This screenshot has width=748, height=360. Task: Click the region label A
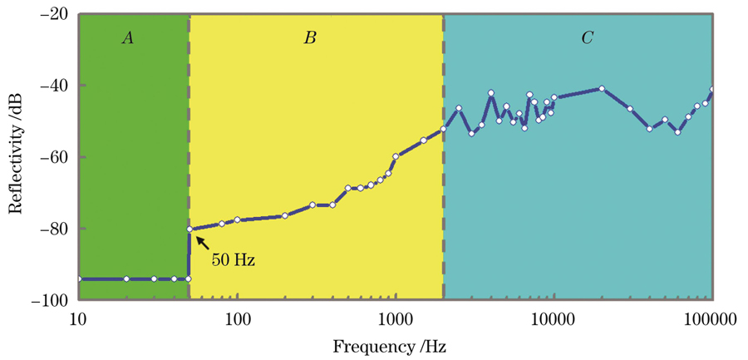pyautogui.click(x=127, y=37)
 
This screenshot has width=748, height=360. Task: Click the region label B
pyautogui.click(x=310, y=37)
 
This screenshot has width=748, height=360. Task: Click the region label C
pyautogui.click(x=587, y=37)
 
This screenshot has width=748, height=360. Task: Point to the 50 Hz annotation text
pyautogui.click(x=233, y=260)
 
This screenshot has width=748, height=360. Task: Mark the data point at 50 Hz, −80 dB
pyautogui.click(x=189, y=229)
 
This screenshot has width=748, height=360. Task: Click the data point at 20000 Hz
pyautogui.click(x=601, y=88)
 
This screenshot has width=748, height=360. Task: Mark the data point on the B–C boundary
pyautogui.click(x=443, y=128)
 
